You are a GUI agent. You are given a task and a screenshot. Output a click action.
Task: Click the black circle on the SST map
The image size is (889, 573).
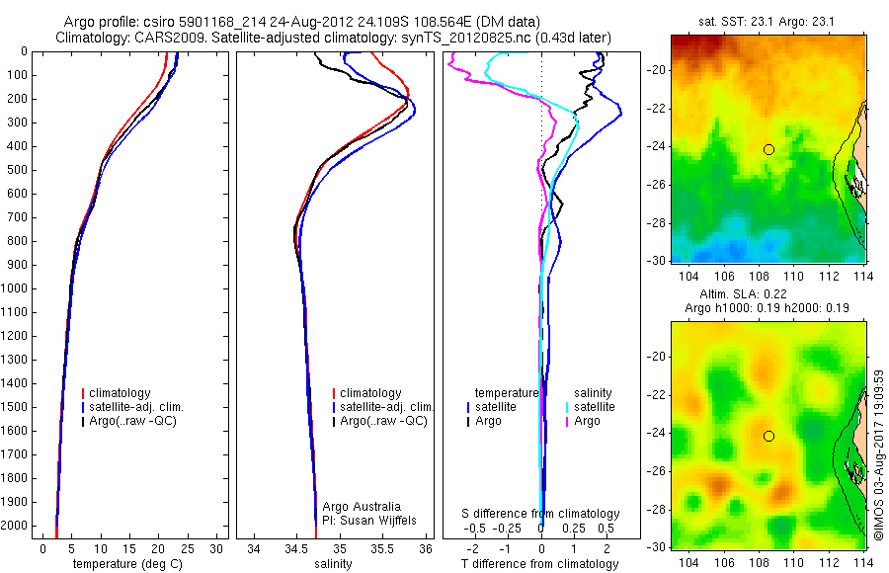coord(768,149)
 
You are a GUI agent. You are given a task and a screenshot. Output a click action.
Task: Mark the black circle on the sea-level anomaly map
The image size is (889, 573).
coord(768,436)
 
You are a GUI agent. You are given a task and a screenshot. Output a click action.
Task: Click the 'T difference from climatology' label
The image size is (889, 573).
coord(540,565)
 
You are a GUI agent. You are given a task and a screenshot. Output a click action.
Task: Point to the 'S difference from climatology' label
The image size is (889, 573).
coord(541,514)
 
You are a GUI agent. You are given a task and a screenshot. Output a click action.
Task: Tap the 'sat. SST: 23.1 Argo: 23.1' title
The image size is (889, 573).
coord(768,22)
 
